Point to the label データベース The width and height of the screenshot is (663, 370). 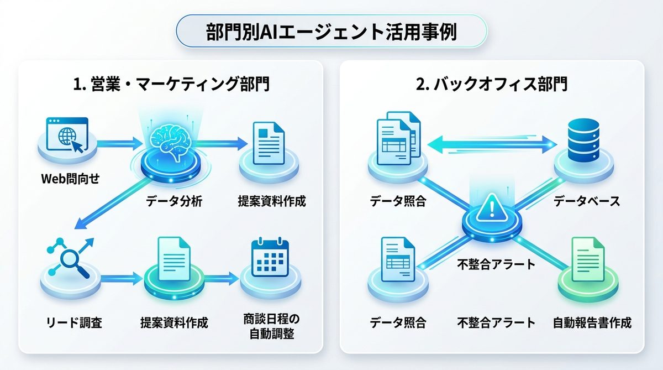coord(586,201)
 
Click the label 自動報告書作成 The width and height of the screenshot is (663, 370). coord(592,322)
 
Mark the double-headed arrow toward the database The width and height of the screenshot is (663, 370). coord(492,145)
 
